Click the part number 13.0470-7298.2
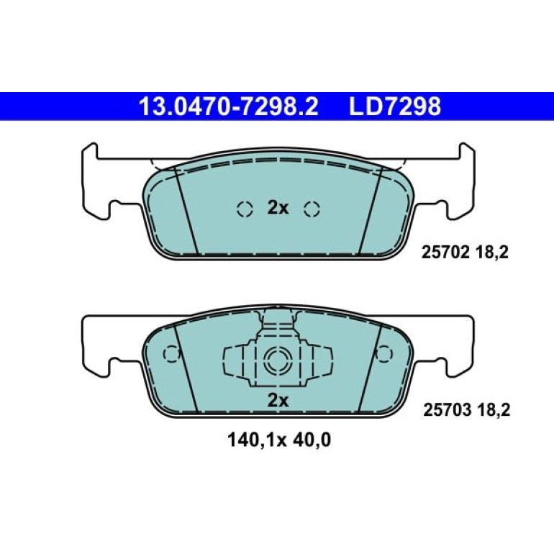click(x=229, y=106)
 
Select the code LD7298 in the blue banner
click(x=395, y=106)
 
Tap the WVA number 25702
click(x=445, y=253)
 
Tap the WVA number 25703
click(x=448, y=410)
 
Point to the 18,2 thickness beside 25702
click(x=492, y=253)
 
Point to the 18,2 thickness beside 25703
click(x=494, y=411)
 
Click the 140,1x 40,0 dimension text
click(x=279, y=440)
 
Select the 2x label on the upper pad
click(x=278, y=208)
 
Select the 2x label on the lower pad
click(x=278, y=401)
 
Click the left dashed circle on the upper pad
click(x=245, y=209)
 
